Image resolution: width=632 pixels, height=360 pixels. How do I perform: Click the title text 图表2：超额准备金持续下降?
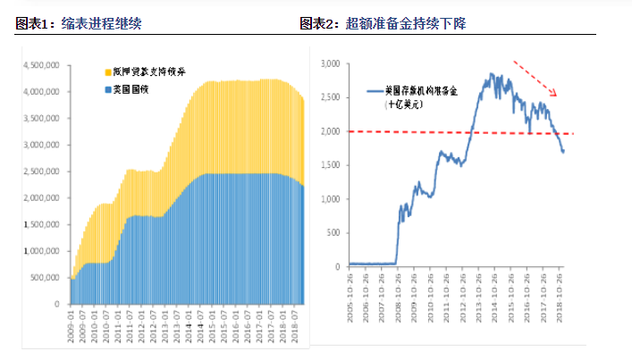coord(382,23)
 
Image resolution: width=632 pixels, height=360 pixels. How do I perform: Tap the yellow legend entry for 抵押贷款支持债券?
coord(145,70)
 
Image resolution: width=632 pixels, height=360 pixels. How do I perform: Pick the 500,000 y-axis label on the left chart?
coord(45,278)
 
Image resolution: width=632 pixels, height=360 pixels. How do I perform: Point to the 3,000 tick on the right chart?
coord(330,64)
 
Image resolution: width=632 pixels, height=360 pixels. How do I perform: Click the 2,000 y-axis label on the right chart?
coord(330,131)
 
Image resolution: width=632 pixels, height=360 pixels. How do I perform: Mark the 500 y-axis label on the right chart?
coord(333,231)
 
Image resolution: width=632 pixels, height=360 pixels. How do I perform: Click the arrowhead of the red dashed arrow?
coord(554,93)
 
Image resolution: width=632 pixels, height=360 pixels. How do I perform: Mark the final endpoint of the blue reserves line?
coord(563,151)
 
